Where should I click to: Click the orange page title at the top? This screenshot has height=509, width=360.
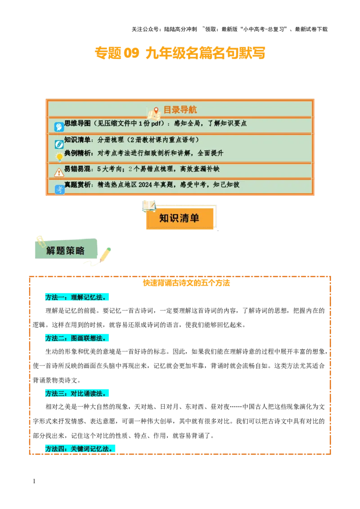tap(180, 53)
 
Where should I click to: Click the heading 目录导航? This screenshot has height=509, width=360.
tap(180, 110)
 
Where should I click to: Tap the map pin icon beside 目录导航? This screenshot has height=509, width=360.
tap(156, 111)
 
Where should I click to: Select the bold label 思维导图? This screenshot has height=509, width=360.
tap(77, 123)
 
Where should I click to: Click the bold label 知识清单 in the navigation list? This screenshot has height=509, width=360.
tap(77, 140)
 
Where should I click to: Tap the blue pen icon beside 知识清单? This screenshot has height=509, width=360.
tap(59, 144)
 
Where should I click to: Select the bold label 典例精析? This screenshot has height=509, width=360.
tap(77, 153)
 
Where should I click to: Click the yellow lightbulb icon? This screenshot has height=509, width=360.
tap(59, 157)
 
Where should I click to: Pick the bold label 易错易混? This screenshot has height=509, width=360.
tap(77, 169)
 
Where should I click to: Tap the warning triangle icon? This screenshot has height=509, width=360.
tap(59, 173)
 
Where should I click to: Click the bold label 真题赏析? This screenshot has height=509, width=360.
tap(77, 185)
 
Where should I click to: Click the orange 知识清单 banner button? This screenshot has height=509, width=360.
tap(180, 219)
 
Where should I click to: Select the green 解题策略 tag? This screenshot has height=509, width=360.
tap(66, 250)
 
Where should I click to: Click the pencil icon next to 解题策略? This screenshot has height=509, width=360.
tap(105, 255)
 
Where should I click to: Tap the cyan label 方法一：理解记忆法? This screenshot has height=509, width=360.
tap(77, 297)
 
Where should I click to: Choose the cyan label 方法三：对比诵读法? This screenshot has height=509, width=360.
tap(77, 393)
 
